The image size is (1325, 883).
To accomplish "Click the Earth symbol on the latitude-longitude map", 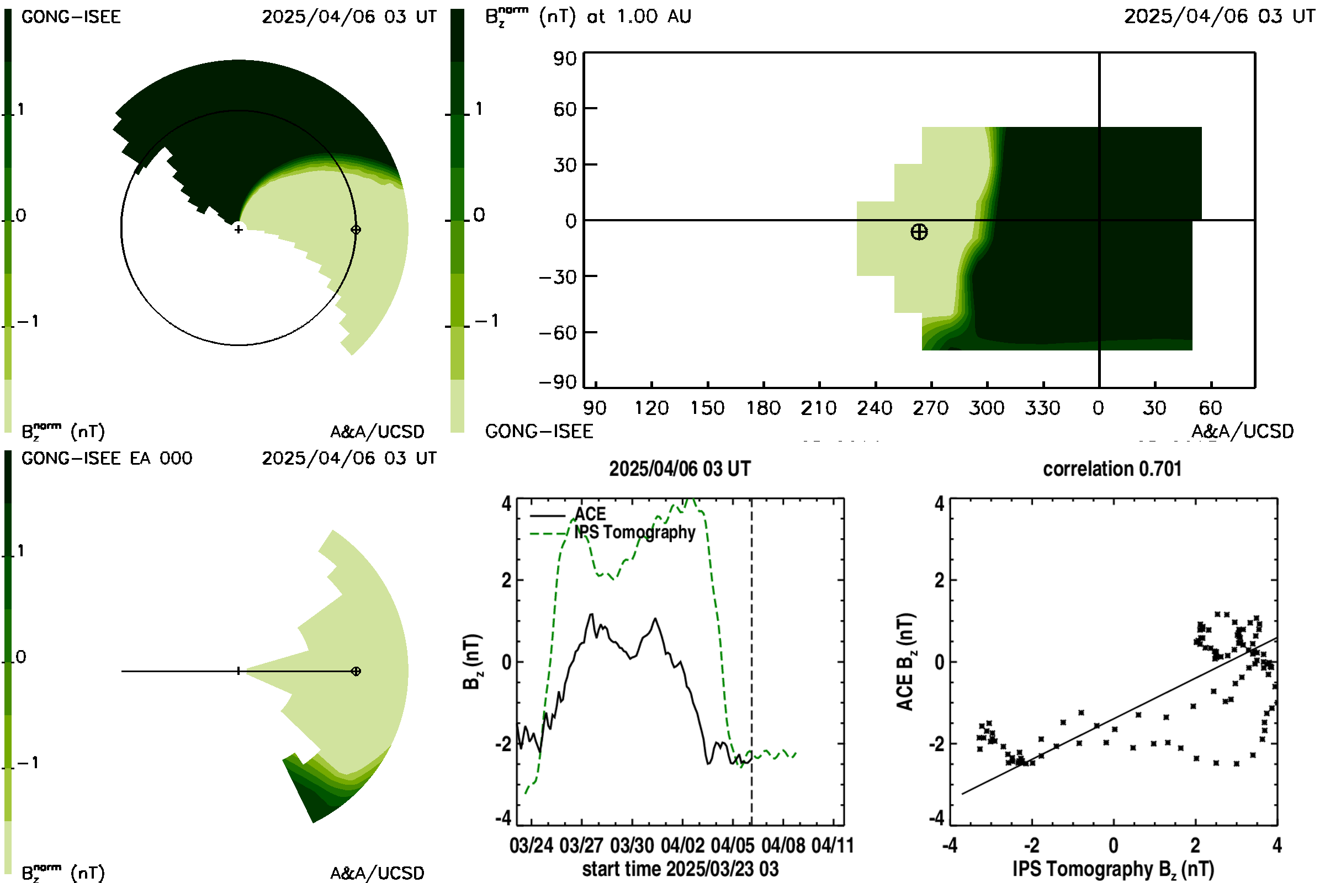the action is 919,231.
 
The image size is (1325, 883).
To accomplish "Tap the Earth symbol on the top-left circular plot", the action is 356,230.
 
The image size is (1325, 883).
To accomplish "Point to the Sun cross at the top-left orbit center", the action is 239,229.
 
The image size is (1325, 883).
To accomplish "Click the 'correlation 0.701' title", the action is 1112,469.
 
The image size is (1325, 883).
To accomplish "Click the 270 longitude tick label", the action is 931,408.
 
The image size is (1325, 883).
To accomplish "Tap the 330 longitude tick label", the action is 1043,408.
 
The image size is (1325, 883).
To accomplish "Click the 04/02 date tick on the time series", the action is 682,845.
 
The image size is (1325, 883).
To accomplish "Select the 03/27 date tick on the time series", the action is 581,845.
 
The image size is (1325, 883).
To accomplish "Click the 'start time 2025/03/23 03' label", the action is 680,869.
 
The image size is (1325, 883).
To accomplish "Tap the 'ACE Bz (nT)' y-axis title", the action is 905,662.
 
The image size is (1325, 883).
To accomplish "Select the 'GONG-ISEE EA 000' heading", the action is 107,459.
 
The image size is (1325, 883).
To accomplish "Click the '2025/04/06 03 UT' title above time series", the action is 680,469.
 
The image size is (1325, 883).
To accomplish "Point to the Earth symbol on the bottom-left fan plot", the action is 356,671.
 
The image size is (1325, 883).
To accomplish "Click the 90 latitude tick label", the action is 564,58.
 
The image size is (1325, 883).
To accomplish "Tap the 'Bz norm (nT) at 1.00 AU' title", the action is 588,16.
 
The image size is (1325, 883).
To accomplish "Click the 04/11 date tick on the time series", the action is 833,845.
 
